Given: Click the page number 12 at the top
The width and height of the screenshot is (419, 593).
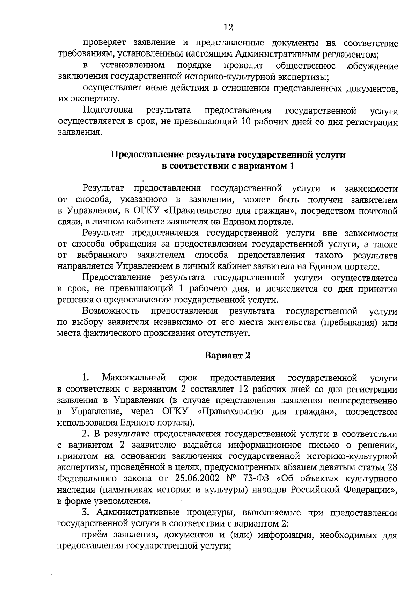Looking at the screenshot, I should tap(228, 27).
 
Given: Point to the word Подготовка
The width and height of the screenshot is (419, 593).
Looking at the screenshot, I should tap(108, 110).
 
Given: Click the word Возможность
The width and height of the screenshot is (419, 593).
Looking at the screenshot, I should tap(111, 311).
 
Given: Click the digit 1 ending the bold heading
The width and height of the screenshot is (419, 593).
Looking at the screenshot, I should tap(292, 166).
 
